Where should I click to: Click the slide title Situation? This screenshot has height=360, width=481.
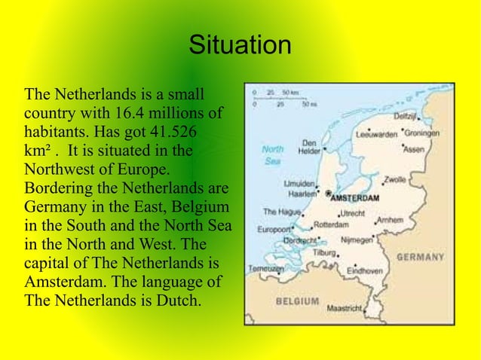240,44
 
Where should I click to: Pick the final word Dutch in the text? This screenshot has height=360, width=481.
179,300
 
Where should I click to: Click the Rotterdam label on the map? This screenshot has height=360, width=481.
331,224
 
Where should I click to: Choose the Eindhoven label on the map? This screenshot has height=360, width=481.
366,270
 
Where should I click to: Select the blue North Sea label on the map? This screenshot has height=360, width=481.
272,155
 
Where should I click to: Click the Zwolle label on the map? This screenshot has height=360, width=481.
395,180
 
